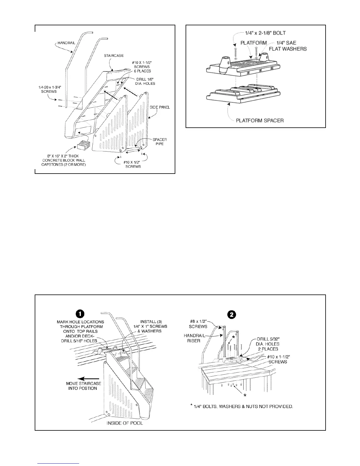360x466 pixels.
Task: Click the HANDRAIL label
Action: [66, 43]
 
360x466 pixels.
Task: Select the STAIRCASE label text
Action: [114, 55]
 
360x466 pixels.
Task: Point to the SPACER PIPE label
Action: [159, 142]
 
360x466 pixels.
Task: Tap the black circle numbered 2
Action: [232, 314]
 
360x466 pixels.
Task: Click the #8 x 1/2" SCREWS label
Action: [198, 324]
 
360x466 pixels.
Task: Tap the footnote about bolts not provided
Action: [241, 406]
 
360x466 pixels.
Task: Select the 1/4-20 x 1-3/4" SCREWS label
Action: [49, 89]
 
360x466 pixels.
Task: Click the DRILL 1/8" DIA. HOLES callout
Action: [146, 81]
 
